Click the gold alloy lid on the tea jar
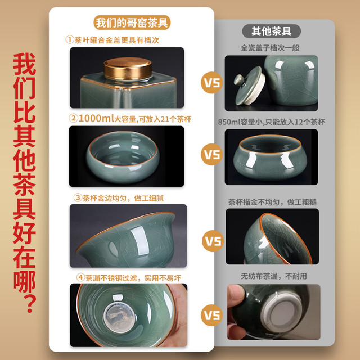128,69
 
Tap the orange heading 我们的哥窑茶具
132,22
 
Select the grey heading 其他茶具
271,31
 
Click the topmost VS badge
212,83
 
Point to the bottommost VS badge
212,315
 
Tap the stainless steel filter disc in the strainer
120,317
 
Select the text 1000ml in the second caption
96,119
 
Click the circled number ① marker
70,39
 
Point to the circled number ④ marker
80,277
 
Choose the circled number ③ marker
78,197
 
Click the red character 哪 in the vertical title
25,282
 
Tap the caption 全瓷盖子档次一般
270,48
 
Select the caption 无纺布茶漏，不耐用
274,276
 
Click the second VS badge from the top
212,154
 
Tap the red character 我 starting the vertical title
25,64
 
